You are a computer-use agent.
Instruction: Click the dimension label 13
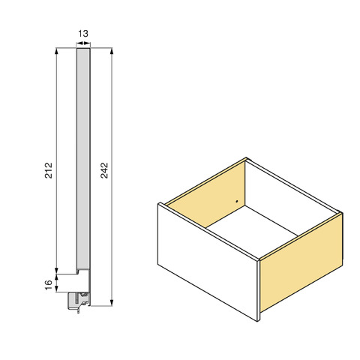pyautogui.click(x=83, y=34)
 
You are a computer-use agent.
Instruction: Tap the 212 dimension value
pyautogui.click(x=49, y=170)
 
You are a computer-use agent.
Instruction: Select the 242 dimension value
pyautogui.click(x=104, y=170)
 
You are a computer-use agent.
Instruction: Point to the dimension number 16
pyautogui.click(x=49, y=285)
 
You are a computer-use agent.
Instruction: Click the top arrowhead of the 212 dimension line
pyautogui.click(x=56, y=51)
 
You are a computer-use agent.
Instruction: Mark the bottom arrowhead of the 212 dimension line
pyautogui.click(x=56, y=271)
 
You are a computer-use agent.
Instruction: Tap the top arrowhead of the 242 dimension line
pyautogui.click(x=112, y=51)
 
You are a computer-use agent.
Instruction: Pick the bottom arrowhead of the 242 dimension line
pyautogui.click(x=112, y=302)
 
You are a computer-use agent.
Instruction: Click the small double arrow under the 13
pyautogui.click(x=83, y=43)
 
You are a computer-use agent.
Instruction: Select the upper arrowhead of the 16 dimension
pyautogui.click(x=57, y=277)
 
